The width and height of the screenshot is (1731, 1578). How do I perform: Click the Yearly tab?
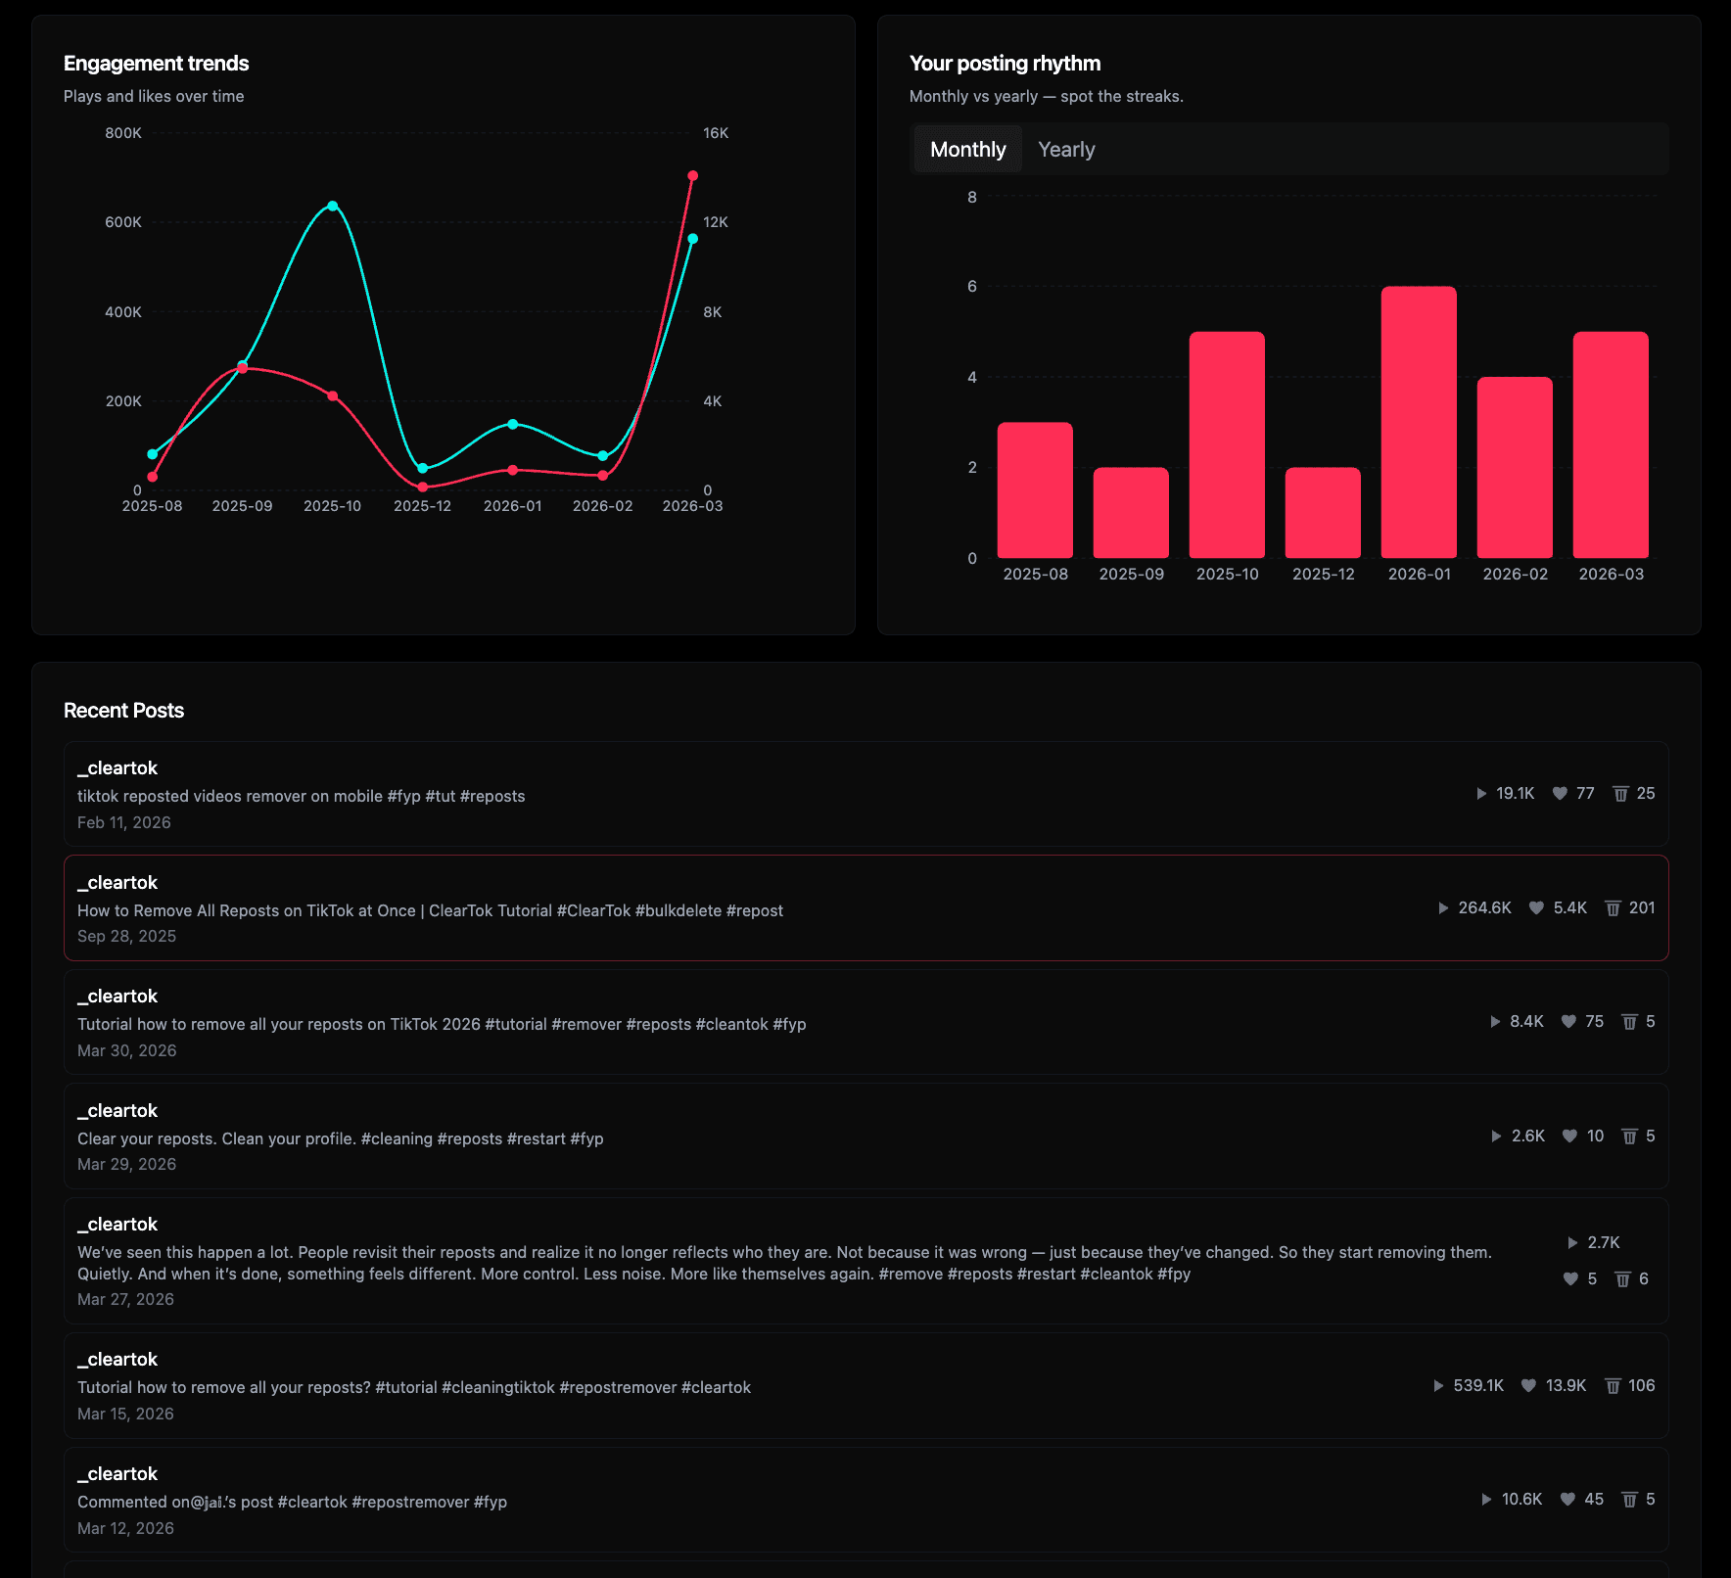pos(1066,150)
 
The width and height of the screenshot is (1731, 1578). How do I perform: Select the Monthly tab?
pos(967,150)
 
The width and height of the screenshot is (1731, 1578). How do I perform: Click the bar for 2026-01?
pos(1419,422)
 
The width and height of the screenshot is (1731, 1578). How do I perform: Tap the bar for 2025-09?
pos(1131,513)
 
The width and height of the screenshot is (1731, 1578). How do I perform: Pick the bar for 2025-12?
pos(1323,513)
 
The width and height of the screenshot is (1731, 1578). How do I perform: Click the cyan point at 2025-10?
pos(333,206)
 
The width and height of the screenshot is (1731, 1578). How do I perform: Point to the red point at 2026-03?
pos(692,176)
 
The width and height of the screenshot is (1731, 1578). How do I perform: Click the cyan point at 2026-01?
pos(513,424)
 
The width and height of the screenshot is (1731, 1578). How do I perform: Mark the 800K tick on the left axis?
pos(123,133)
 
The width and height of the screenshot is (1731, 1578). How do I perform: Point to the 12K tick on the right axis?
pos(716,222)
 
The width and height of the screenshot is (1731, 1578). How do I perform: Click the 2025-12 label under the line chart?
pos(422,506)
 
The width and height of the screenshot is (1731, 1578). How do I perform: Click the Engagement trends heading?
pos(157,64)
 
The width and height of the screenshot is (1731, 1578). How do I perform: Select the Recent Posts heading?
pos(123,711)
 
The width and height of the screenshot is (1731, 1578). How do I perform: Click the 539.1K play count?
pos(1478,1385)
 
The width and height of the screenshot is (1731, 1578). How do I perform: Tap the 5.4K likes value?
pos(1569,908)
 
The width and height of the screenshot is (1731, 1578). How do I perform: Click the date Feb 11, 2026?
pos(124,822)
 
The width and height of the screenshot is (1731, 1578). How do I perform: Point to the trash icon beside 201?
pos(1613,908)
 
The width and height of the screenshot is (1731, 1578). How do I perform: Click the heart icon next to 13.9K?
pos(1528,1385)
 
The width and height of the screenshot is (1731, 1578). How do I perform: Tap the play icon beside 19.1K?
pos(1481,794)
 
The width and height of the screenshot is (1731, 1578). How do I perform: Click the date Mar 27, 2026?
pos(125,1299)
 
